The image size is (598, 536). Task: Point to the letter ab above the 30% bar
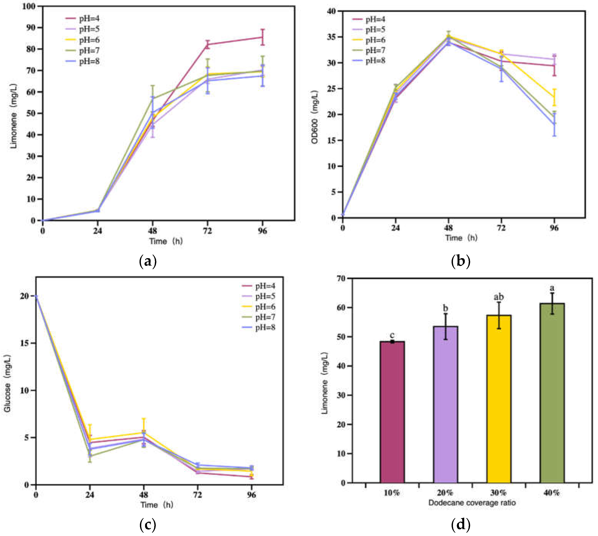pyautogui.click(x=499, y=297)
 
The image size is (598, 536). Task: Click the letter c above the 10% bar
pyautogui.click(x=392, y=335)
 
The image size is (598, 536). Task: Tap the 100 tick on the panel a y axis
pyautogui.click(x=29, y=6)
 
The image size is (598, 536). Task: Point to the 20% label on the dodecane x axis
pyautogui.click(x=445, y=493)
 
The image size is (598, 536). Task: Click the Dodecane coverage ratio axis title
pyautogui.click(x=472, y=503)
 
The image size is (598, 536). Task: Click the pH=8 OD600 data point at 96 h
pyautogui.click(x=554, y=124)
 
